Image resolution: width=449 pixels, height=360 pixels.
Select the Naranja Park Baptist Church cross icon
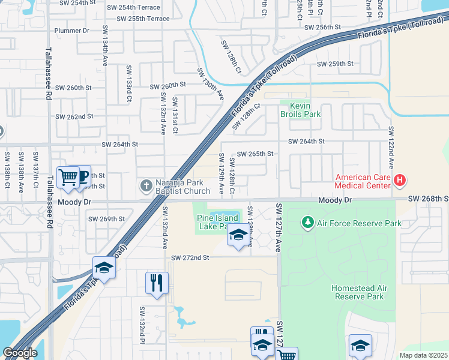coord(146,186)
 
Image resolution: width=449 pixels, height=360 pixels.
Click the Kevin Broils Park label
coord(301,109)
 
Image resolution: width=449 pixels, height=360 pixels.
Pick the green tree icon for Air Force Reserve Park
coord(307,223)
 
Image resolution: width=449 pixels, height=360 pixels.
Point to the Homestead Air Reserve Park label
coord(358,292)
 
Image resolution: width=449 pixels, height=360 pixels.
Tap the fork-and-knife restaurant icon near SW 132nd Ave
coord(156,282)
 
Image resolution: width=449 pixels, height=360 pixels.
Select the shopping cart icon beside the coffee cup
coord(68,178)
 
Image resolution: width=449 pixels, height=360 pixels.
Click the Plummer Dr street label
coord(71,30)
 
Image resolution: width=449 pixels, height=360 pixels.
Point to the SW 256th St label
coord(322,28)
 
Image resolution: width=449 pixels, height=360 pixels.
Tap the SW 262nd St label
coord(74,116)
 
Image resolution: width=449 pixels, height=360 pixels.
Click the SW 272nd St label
coord(190,257)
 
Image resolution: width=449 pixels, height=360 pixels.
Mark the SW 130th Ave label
coord(210,83)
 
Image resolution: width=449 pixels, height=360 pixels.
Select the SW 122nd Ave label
coord(391,147)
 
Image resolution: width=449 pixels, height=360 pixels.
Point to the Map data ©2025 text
coord(423,355)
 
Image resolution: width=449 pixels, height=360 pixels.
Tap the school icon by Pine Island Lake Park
coord(238,235)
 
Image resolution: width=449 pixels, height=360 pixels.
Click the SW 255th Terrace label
coord(143,19)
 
